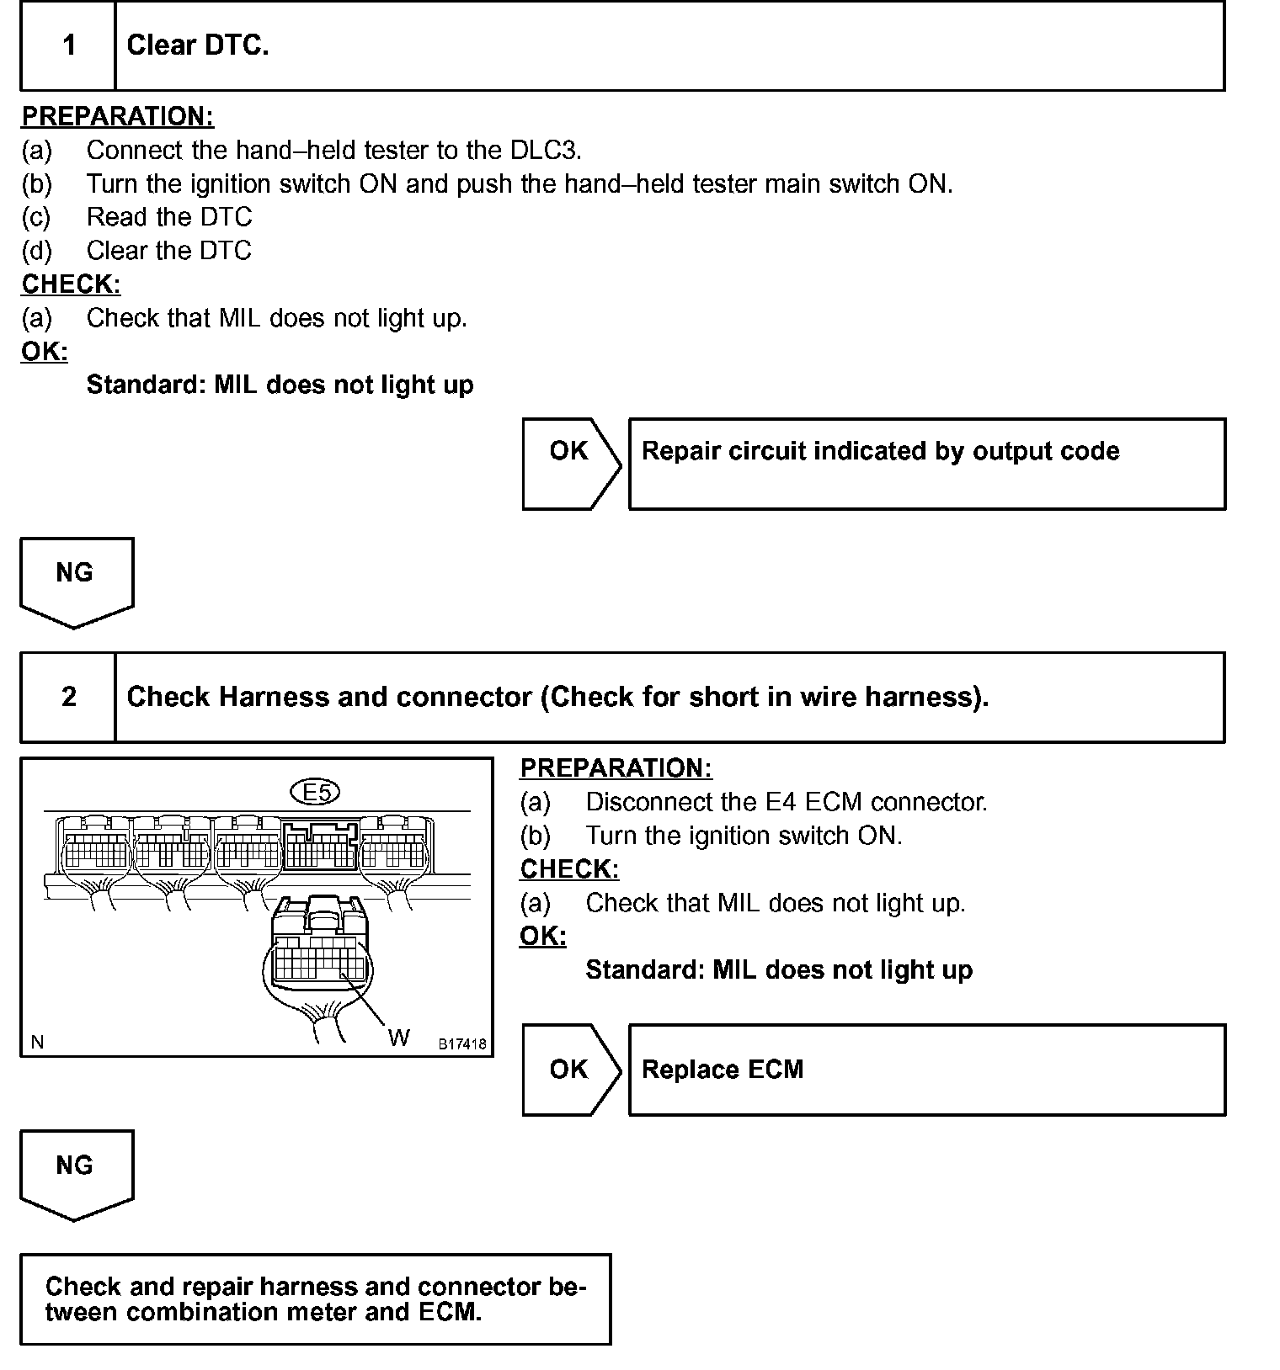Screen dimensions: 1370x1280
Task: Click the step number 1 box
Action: coord(68,45)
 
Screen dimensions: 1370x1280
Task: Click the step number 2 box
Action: coord(68,697)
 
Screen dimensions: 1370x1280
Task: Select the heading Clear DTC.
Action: coord(198,45)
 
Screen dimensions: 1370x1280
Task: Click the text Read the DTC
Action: coord(168,217)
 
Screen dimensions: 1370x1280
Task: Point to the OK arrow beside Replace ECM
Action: coord(571,1070)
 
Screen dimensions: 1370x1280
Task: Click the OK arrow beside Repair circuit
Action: coord(571,463)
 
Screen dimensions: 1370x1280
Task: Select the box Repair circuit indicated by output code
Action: coord(926,463)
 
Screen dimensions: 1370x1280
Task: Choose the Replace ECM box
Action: coord(926,1070)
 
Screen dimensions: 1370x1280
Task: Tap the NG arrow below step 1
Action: coord(76,581)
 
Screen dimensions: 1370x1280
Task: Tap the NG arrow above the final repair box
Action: coord(76,1174)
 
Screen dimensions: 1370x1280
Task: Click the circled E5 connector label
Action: coord(315,792)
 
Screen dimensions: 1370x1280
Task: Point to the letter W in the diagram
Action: coord(398,1038)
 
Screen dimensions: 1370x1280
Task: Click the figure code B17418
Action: coord(461,1044)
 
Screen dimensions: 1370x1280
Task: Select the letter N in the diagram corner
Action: coord(37,1043)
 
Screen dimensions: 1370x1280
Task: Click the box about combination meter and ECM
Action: coord(315,1298)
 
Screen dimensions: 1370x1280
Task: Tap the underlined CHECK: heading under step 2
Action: coord(569,869)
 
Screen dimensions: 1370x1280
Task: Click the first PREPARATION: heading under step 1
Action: coord(118,116)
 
